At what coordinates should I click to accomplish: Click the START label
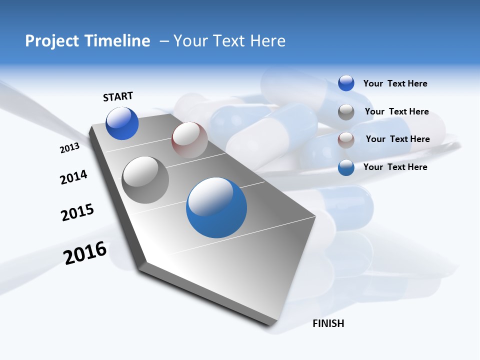[118, 96]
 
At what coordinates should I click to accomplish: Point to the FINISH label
[328, 323]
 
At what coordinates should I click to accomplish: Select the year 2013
[69, 148]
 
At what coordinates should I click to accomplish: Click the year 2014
[73, 177]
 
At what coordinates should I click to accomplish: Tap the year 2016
[85, 253]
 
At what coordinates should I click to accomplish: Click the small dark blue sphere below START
[122, 123]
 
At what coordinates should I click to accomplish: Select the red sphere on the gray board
[189, 140]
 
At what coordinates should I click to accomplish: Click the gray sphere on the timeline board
[145, 180]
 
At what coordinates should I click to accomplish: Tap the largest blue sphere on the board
[216, 207]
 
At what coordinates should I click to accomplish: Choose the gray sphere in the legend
[346, 112]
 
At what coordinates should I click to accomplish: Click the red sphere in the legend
[346, 140]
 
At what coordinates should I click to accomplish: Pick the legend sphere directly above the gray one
[346, 83]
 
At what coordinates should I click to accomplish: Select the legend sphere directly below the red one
[346, 167]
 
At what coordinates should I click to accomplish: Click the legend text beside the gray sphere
[396, 111]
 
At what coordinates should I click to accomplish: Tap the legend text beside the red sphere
[397, 139]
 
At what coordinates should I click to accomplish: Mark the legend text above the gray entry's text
[395, 83]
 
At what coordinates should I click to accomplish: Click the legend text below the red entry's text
[395, 167]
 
